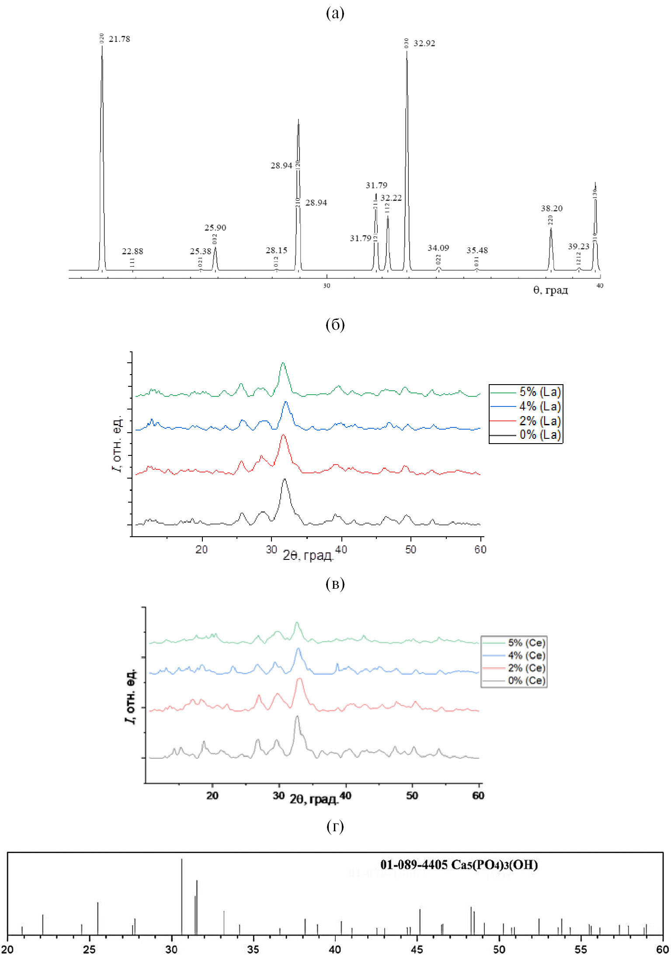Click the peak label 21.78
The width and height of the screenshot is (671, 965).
click(x=119, y=39)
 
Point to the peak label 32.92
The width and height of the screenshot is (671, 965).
click(x=424, y=44)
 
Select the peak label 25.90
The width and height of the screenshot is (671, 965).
click(x=215, y=228)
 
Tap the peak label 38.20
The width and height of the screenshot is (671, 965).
click(x=552, y=208)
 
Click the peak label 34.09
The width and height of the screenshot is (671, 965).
click(x=438, y=248)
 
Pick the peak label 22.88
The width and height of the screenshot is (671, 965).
click(x=132, y=251)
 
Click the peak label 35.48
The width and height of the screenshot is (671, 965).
click(x=477, y=250)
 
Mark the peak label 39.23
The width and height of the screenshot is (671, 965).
click(x=578, y=246)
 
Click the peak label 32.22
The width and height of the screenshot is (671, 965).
click(x=391, y=198)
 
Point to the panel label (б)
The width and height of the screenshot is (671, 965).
click(x=335, y=324)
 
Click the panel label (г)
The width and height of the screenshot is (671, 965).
click(x=335, y=826)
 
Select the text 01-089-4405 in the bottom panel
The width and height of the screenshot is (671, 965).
click(x=414, y=865)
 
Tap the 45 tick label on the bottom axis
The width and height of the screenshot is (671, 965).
click(x=417, y=949)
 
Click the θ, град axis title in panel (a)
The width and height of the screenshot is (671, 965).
click(x=550, y=290)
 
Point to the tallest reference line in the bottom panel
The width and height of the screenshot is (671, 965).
click(x=181, y=896)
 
